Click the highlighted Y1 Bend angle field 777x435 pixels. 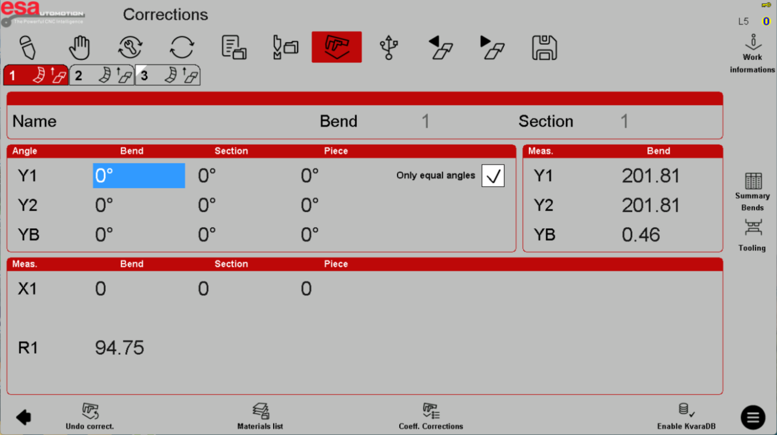point(139,176)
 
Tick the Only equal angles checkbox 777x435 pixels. point(492,176)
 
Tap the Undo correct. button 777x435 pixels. point(90,416)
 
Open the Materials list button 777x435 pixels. point(260,416)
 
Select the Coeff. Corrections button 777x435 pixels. point(431,416)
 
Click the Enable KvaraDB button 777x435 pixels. point(686,416)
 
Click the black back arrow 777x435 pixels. point(23,417)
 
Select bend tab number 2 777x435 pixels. point(102,75)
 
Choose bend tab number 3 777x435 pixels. point(167,75)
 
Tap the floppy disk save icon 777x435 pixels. point(544,48)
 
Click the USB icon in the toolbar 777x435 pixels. point(389,48)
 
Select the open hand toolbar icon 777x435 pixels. point(79,48)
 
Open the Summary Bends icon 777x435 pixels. point(752,191)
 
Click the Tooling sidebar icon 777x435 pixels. point(752,235)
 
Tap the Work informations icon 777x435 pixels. point(752,53)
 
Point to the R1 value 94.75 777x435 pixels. point(120,348)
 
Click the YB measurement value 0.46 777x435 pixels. point(640,235)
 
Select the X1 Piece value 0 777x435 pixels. point(306,289)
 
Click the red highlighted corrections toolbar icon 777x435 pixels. point(337,47)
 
